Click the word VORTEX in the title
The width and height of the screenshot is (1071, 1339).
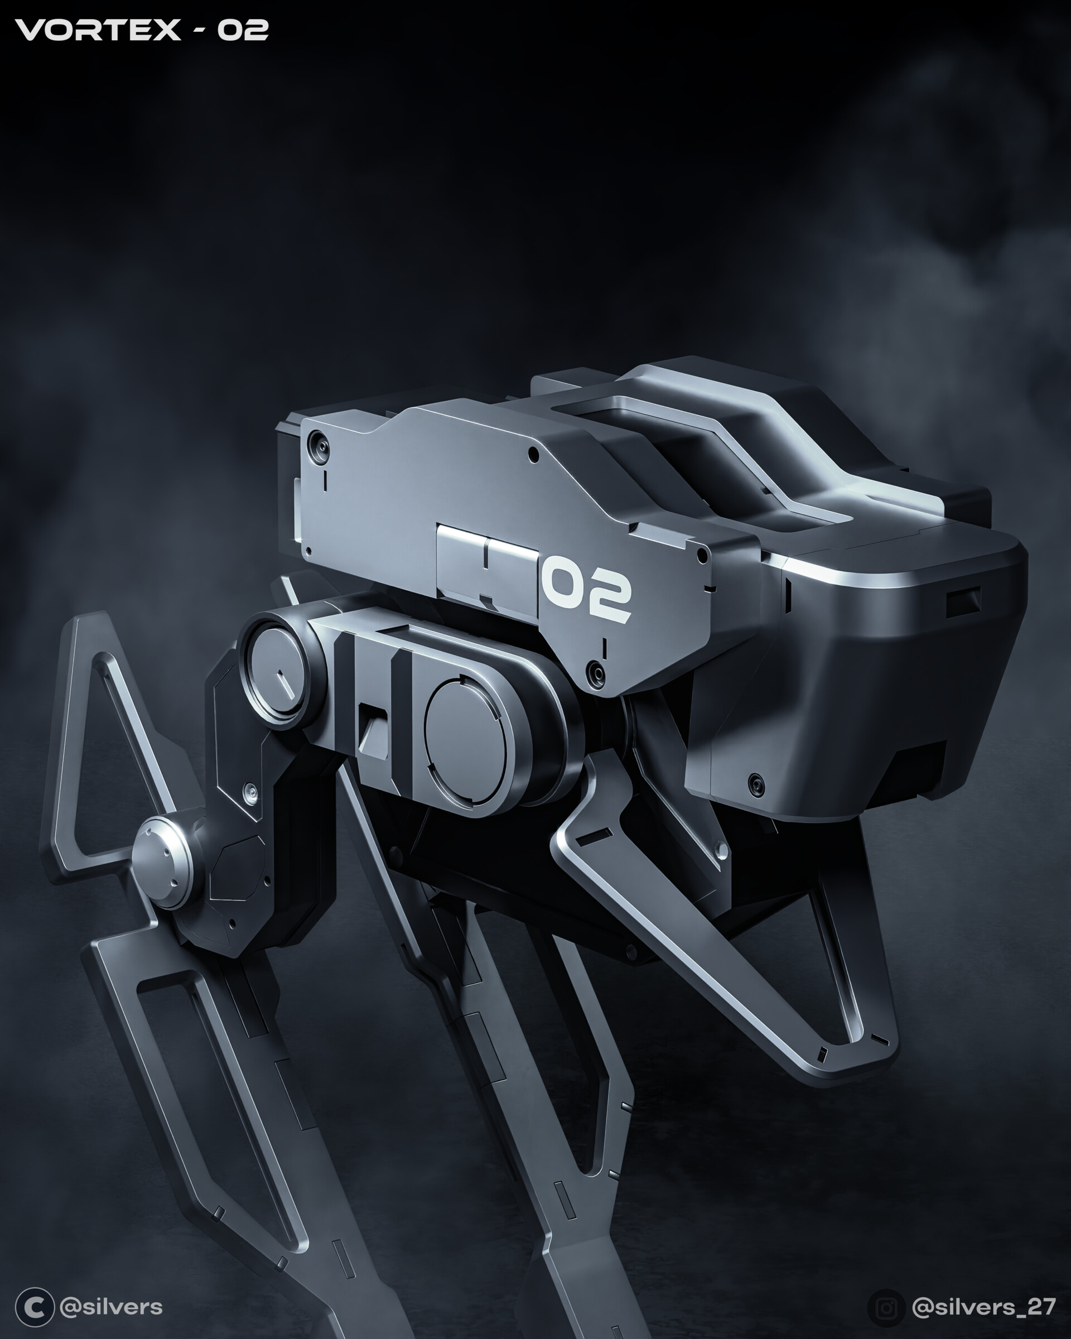(x=98, y=30)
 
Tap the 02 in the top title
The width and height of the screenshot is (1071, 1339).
(x=242, y=30)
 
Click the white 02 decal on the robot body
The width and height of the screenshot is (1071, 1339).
(x=586, y=593)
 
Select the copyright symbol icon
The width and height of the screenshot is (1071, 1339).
(x=34, y=1307)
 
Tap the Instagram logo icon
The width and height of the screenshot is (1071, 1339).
(x=886, y=1307)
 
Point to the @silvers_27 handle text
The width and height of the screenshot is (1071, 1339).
(x=983, y=1307)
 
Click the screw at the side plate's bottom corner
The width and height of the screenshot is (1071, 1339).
(x=597, y=671)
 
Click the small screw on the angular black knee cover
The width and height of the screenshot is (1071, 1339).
(x=249, y=791)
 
